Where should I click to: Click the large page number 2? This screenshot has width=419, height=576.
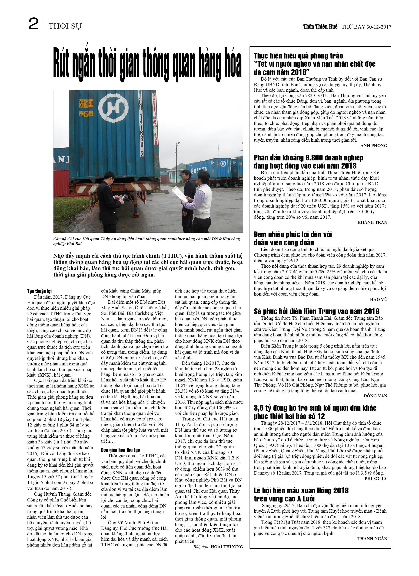(33, 24)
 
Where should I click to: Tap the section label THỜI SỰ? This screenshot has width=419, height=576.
(65, 26)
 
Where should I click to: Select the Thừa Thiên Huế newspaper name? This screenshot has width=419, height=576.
(320, 26)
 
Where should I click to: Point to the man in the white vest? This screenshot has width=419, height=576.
(201, 201)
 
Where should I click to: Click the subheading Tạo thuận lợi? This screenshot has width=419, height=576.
(40, 291)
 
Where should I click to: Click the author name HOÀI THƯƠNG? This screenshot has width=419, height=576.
(227, 547)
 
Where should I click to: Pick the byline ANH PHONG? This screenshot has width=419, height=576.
(373, 146)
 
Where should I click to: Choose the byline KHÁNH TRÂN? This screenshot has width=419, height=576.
(372, 222)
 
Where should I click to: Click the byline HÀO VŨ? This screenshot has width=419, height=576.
(378, 299)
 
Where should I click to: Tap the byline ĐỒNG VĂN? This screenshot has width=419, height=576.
(375, 396)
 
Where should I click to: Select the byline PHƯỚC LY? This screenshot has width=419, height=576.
(376, 478)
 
